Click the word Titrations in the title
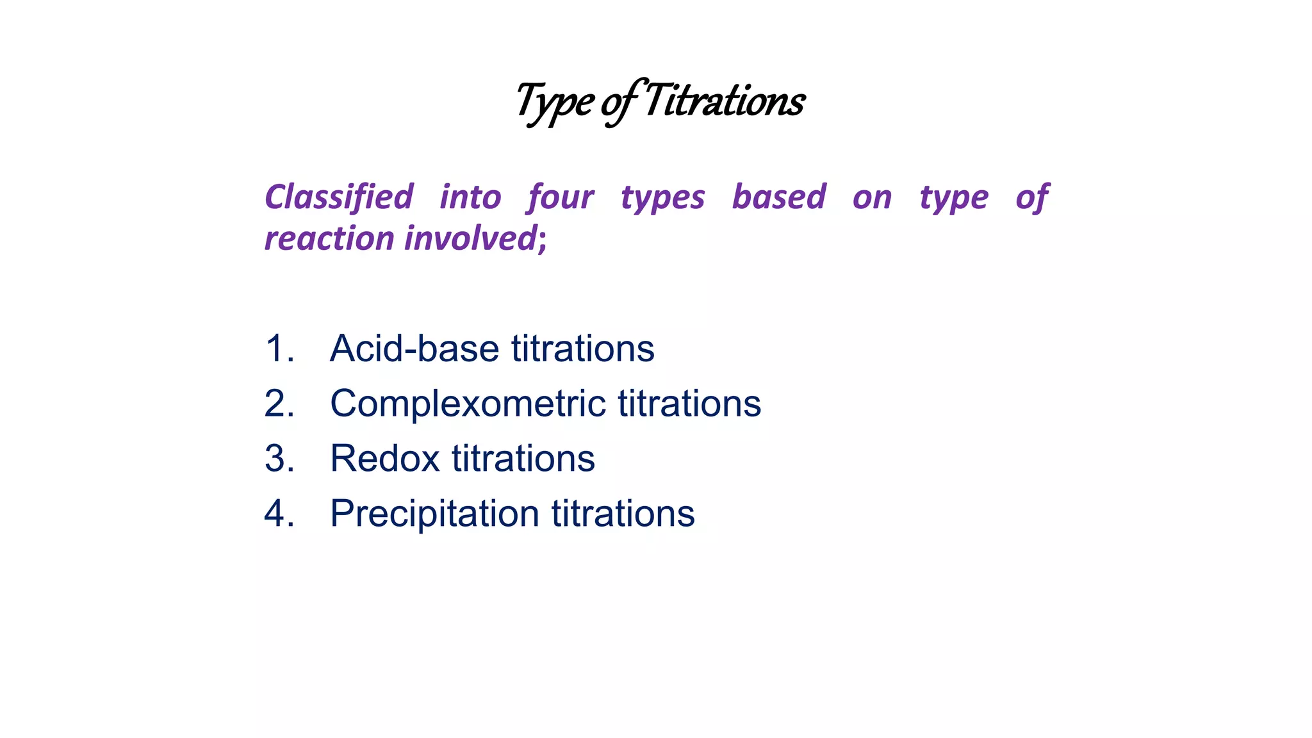tap(724, 101)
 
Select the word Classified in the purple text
tap(339, 197)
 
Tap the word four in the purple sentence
tap(561, 197)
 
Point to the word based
tap(778, 197)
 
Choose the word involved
tap(470, 238)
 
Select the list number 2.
tap(279, 404)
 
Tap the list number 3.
tap(279, 459)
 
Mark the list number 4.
tap(279, 514)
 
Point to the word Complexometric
tap(468, 404)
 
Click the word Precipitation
tap(434, 514)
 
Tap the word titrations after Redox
tap(523, 459)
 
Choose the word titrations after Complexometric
tap(689, 404)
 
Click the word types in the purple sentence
tap(662, 198)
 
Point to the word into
tap(470, 197)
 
